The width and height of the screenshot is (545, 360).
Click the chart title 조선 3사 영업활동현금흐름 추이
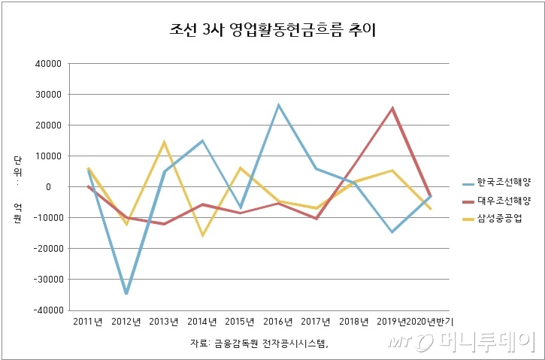point(273,32)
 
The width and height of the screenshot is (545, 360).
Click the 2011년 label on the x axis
point(88,322)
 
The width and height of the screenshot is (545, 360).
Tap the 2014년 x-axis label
point(202,322)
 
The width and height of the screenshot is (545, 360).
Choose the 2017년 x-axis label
point(316,322)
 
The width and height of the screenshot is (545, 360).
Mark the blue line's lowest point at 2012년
point(126,293)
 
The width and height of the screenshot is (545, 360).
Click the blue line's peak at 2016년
point(278,105)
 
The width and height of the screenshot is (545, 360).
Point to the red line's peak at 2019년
point(392,108)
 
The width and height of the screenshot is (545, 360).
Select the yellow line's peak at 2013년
point(164,142)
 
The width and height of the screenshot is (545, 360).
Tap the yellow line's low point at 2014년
point(202,235)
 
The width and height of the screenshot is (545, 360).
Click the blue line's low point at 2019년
point(392,231)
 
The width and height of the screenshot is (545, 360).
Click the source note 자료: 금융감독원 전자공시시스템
point(261,344)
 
